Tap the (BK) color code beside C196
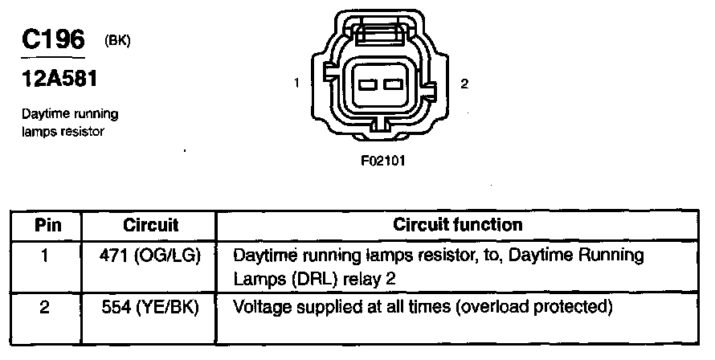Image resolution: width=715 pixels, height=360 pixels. pos(117,41)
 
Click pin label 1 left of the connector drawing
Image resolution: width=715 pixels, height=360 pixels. pos(297,84)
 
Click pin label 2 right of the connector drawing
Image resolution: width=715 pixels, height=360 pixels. pos(464,84)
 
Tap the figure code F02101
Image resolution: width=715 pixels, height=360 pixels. pos(383,159)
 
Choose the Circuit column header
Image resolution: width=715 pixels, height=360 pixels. pos(150,225)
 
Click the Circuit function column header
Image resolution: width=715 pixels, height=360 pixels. pos(457,225)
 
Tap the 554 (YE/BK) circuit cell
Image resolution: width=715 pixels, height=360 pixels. pos(151,307)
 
